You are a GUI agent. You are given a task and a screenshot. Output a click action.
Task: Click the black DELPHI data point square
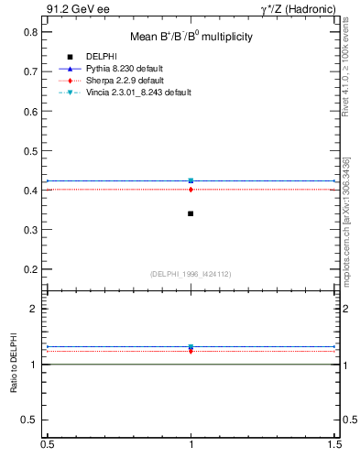[191, 213]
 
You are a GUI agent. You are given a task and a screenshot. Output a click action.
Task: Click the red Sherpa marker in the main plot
[191, 190]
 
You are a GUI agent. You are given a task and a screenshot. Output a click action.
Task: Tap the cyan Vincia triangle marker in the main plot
[191, 180]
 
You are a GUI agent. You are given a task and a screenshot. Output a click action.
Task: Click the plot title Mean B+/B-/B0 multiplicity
[191, 37]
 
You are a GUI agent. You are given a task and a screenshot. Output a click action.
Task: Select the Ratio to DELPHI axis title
[14, 365]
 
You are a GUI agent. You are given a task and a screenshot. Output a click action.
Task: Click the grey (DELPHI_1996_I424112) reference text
[191, 274]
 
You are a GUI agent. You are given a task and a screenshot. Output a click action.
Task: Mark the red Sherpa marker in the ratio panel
[191, 350]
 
